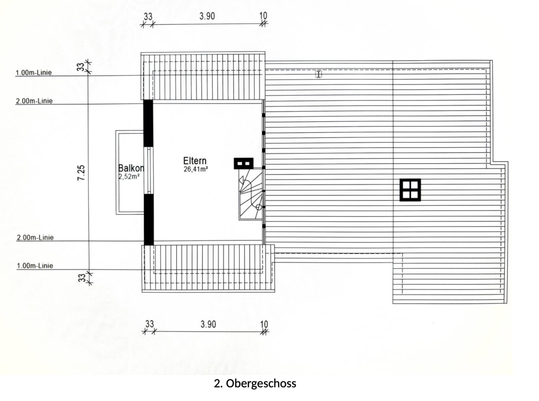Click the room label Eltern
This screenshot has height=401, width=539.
click(x=195, y=161)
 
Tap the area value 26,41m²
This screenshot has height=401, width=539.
click(x=196, y=169)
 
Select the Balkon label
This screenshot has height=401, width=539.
click(x=131, y=168)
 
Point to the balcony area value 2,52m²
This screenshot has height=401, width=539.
click(x=129, y=176)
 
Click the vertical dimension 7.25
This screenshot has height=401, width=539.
click(x=81, y=173)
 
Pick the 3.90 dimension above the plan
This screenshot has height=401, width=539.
click(x=207, y=16)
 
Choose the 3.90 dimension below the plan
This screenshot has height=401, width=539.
click(x=208, y=324)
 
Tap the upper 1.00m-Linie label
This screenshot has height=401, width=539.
click(x=33, y=73)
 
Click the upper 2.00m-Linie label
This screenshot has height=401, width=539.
click(x=34, y=101)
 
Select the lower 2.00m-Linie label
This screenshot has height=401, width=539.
click(x=35, y=237)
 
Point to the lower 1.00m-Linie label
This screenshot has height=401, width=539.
click(x=35, y=266)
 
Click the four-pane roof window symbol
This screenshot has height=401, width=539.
click(x=410, y=190)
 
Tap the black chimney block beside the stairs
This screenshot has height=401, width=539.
click(x=243, y=164)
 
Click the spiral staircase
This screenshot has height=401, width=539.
click(x=251, y=194)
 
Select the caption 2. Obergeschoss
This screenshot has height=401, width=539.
click(x=255, y=384)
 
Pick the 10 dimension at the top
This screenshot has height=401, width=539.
click(x=263, y=16)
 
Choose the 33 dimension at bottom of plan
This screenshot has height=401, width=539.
click(x=150, y=324)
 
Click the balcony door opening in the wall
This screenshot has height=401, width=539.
click(x=149, y=170)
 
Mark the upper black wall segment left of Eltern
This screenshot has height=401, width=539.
click(x=148, y=123)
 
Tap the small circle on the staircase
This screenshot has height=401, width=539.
click(x=259, y=207)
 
